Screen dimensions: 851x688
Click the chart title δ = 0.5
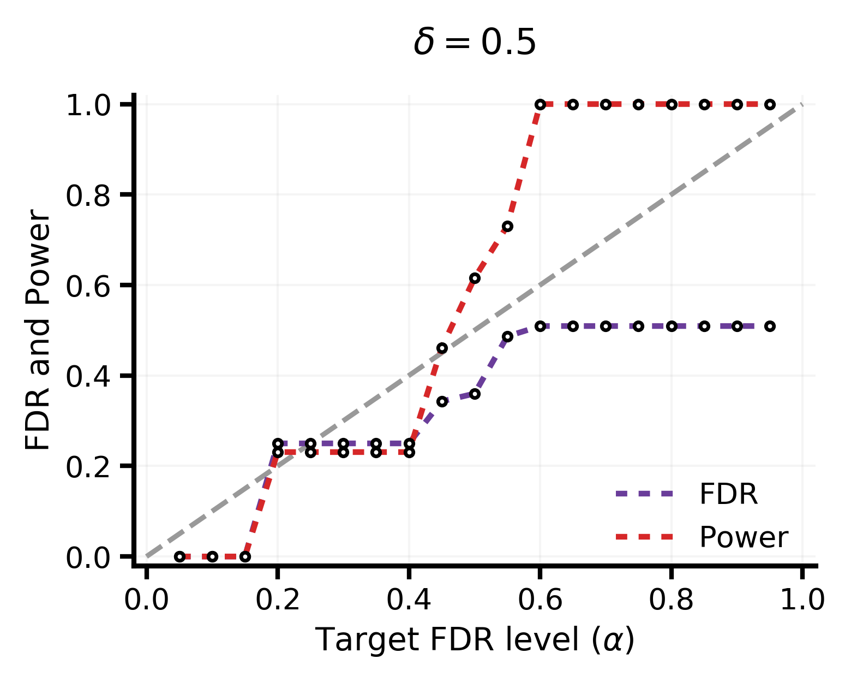474,43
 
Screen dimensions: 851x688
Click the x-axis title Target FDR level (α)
474,639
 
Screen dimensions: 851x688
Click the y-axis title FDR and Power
37,330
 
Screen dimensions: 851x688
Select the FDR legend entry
686,494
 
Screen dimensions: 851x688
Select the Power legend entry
702,537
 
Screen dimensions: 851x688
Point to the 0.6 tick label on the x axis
540,600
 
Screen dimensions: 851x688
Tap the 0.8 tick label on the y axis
87,196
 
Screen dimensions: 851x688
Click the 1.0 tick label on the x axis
802,600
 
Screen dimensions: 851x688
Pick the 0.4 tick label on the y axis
87,377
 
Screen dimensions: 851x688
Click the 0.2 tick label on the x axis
278,600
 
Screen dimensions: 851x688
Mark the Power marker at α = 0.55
507,227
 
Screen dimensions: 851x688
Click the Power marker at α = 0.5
475,278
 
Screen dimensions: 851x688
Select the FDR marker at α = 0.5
475,394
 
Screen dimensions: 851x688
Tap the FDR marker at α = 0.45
442,402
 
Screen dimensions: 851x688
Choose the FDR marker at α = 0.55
507,336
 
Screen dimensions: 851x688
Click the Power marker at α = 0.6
540,105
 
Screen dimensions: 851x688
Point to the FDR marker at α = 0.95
770,326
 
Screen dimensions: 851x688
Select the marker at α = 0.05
180,556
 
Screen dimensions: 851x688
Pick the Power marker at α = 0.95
770,105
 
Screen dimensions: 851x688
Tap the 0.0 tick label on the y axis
87,558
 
